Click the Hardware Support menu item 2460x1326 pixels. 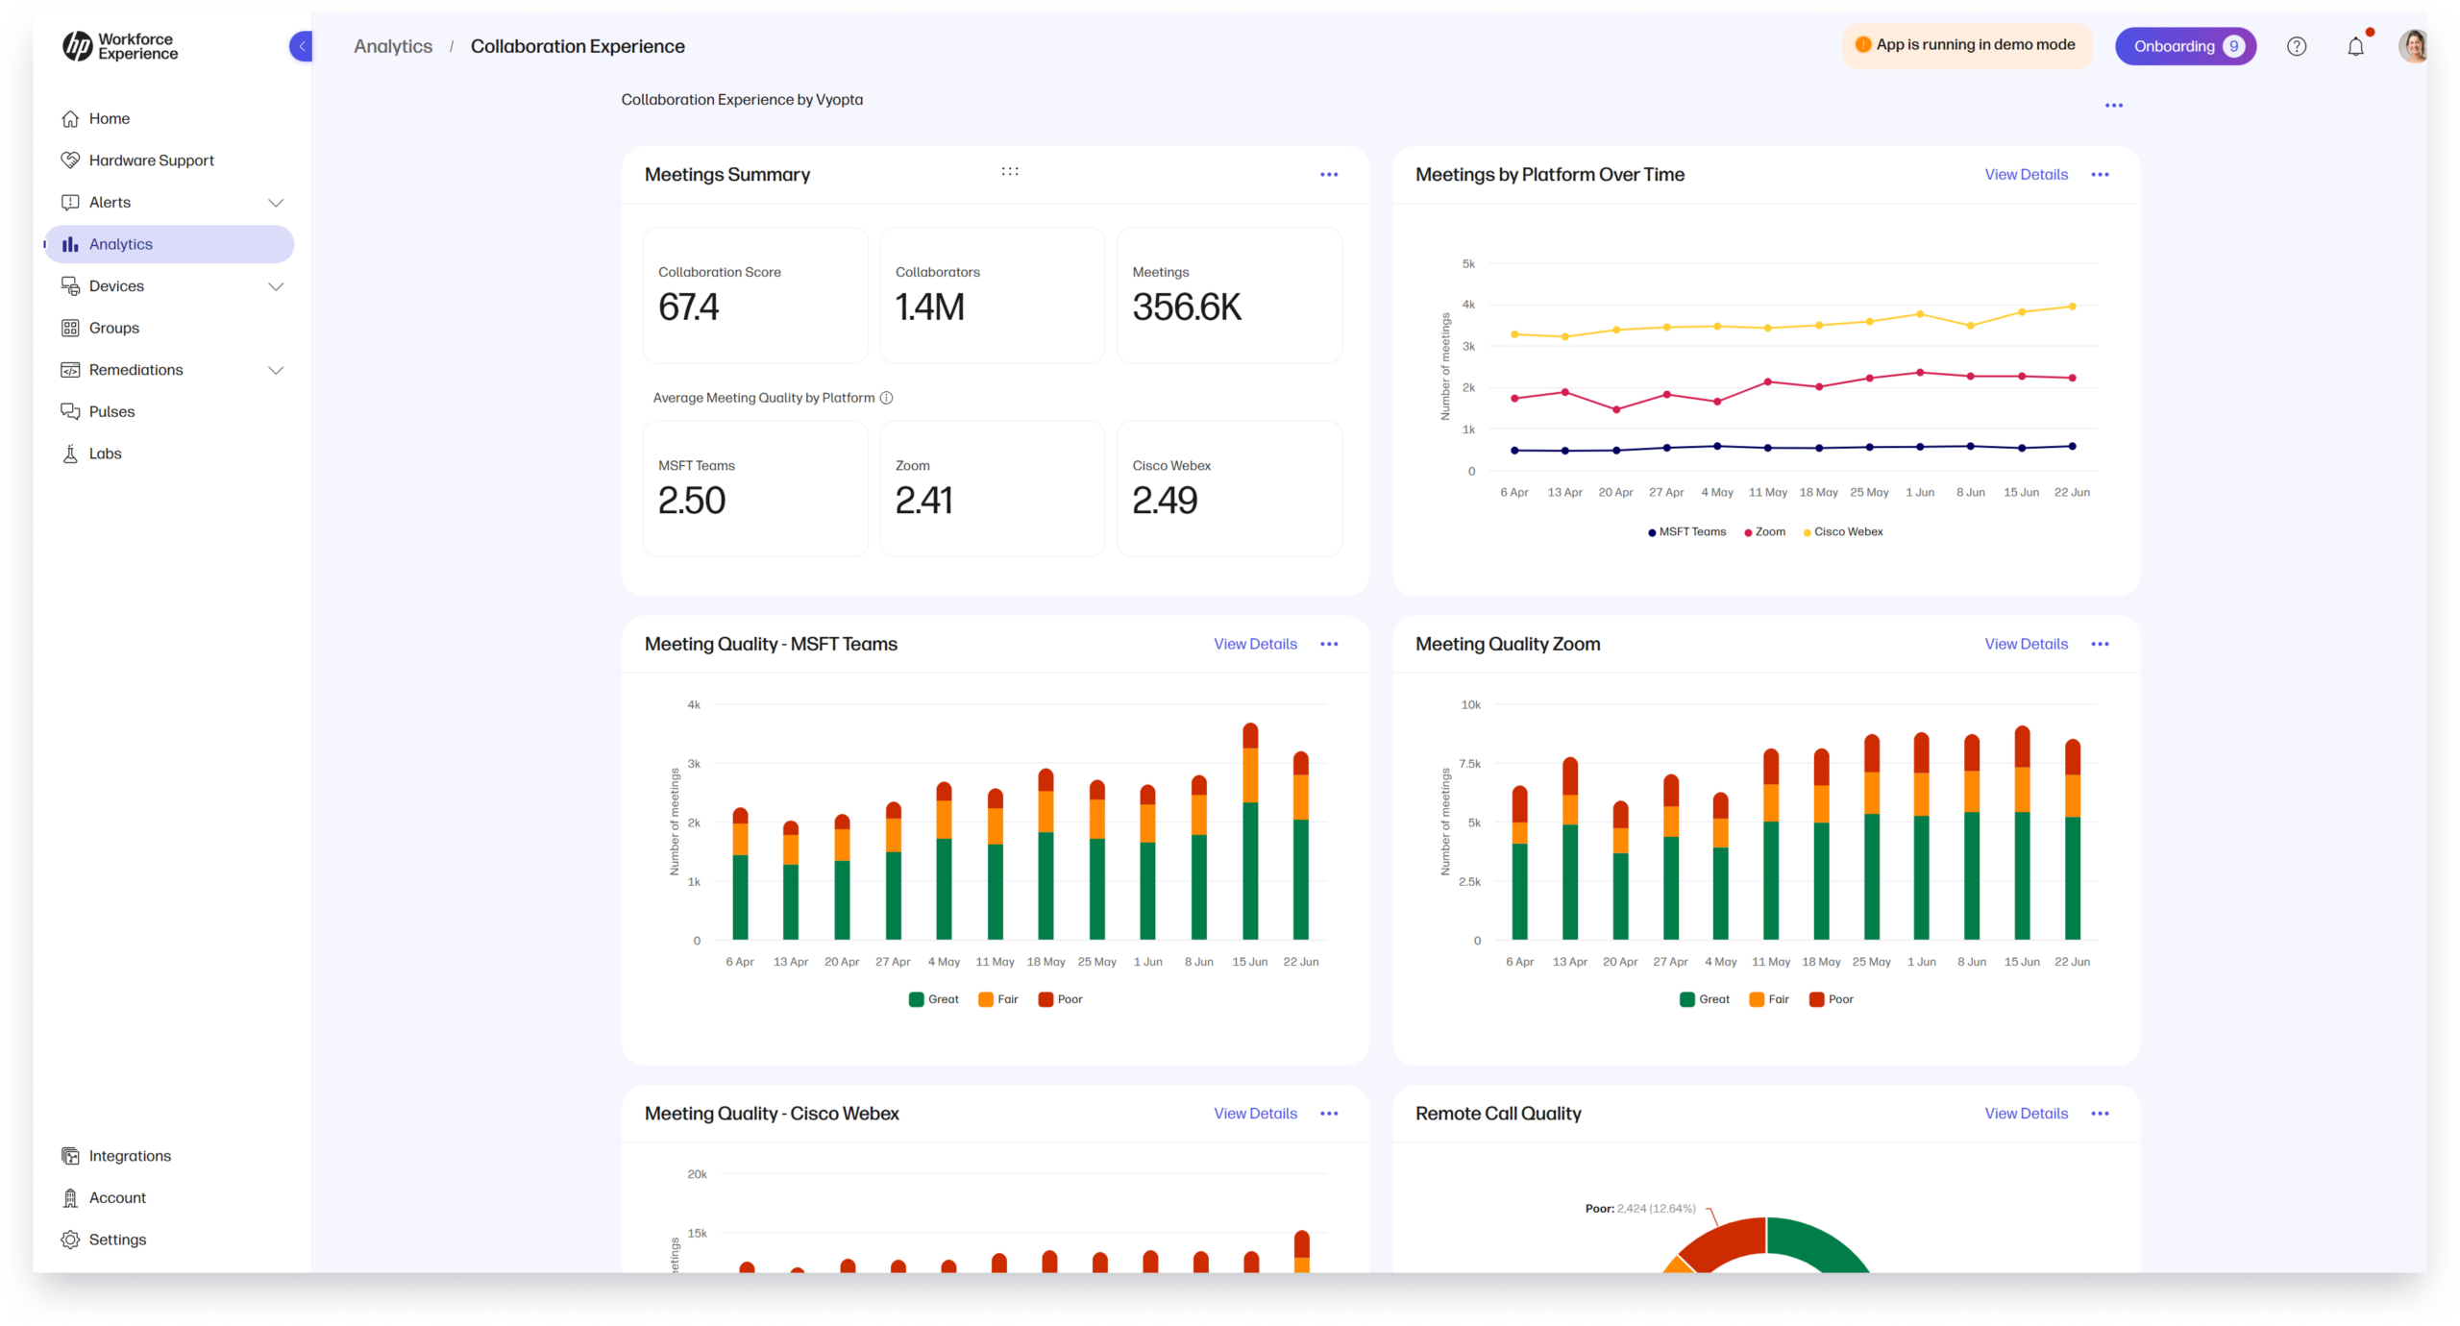(151, 160)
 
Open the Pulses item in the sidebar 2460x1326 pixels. (111, 411)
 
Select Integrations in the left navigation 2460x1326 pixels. (129, 1156)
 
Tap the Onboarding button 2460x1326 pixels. (2184, 46)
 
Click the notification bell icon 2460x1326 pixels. (2355, 46)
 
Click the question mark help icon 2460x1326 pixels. (2296, 46)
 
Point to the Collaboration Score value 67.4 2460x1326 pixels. (688, 307)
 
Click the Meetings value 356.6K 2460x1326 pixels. (1187, 307)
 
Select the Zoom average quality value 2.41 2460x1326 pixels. (923, 501)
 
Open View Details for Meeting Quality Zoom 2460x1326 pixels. (2026, 644)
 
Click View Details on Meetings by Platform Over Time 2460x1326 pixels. (2026, 175)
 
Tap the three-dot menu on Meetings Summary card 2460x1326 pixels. (1328, 175)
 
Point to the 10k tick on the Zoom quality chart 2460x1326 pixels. (1470, 705)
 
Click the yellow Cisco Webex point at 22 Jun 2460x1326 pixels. (2072, 307)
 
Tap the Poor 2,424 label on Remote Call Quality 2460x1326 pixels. (1639, 1209)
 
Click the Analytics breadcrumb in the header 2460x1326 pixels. (393, 46)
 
